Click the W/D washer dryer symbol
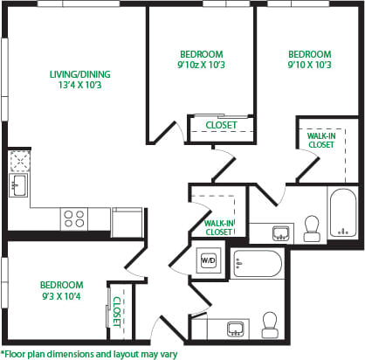tap(209, 260)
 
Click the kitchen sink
tap(19, 184)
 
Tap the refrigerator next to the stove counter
tap(127, 221)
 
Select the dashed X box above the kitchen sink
tap(19, 161)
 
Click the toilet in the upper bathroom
tap(311, 229)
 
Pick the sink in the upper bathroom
tap(280, 232)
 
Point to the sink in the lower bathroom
tap(234, 329)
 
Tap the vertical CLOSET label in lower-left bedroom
tap(115, 310)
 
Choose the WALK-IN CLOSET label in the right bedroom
tap(320, 140)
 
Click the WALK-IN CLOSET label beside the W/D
tap(217, 227)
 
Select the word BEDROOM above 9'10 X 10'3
tap(309, 52)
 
